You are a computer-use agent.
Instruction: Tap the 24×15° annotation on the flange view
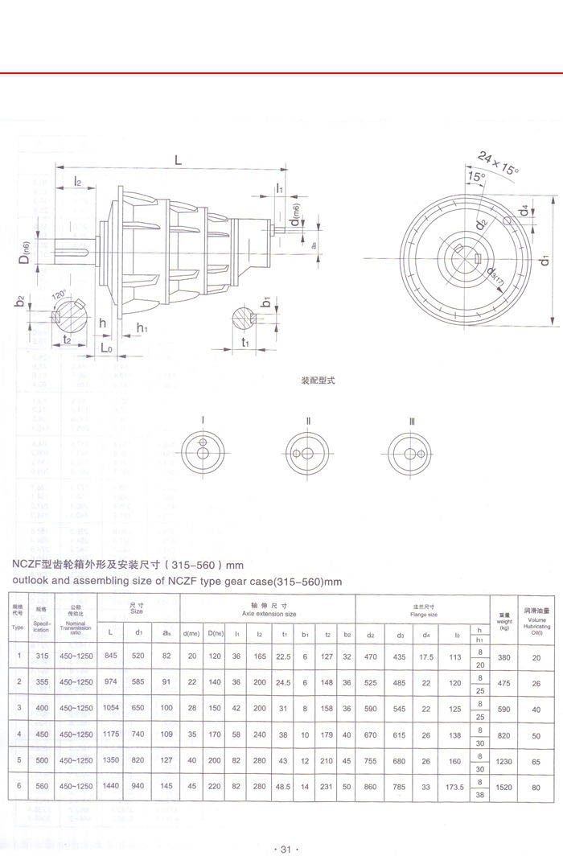tap(499, 163)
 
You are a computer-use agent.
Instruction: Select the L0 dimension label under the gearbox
tap(107, 348)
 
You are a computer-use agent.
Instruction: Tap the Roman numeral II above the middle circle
tap(307, 420)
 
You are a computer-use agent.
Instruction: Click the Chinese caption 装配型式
tap(318, 381)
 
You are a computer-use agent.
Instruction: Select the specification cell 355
tap(40, 683)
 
